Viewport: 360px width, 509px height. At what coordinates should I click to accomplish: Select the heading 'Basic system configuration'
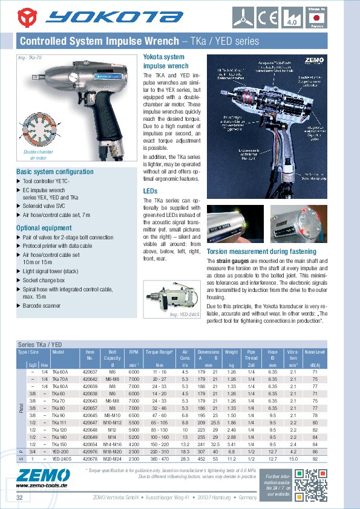54,172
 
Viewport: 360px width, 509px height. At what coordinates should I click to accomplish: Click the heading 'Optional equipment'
45,228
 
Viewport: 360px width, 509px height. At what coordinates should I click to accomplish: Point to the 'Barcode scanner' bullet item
41,306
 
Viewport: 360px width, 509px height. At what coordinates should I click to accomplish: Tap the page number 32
20,498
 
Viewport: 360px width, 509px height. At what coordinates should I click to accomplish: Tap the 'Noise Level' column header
315,351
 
